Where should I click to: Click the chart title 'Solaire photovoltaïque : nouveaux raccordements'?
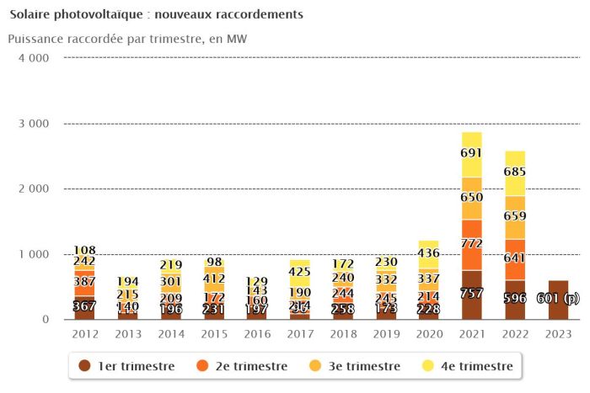pos(156,15)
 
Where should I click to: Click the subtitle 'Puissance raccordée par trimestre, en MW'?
pos(127,39)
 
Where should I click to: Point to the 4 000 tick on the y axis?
pos(33,58)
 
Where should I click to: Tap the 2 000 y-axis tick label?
pos(33,189)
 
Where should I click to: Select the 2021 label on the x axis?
pos(471,333)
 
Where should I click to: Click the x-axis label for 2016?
pos(256,333)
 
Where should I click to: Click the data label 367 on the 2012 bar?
pos(84,307)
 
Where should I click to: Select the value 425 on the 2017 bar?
pos(299,272)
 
